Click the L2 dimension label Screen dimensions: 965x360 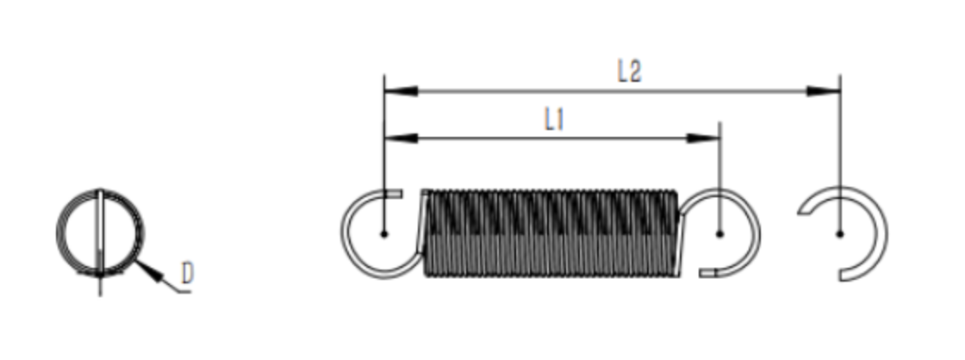click(x=630, y=72)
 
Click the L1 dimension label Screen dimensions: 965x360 click(x=554, y=120)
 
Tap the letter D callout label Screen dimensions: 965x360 click(x=188, y=273)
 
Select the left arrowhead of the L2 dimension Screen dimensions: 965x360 click(x=401, y=91)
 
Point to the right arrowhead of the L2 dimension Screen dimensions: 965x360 click(x=824, y=91)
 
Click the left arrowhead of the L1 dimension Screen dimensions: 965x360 click(x=401, y=138)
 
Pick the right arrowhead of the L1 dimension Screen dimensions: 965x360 click(x=703, y=138)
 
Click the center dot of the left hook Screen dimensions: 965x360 click(x=384, y=234)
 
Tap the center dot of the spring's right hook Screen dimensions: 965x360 click(x=720, y=234)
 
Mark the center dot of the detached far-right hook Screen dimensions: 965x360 click(x=840, y=234)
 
